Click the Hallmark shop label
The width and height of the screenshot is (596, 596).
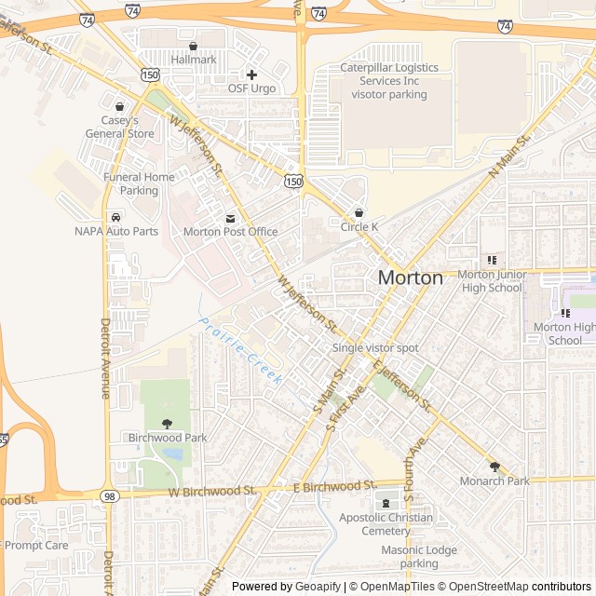pos(193,60)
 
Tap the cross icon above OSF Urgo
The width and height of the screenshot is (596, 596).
pos(251,74)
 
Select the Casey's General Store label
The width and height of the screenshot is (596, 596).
pos(120,127)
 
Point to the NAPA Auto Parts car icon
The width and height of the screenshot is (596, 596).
pos(116,216)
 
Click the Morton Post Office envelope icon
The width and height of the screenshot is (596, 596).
pos(230,217)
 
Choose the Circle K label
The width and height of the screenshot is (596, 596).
pos(359,226)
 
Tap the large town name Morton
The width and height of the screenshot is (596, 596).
pos(410,278)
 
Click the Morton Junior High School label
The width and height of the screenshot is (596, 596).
pos(492,281)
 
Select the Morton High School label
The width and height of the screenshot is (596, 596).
pos(564,333)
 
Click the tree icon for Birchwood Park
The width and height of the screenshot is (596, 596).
pos(167,423)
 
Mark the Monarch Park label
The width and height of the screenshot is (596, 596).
pos(494,481)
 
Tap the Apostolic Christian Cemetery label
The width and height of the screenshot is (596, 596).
pos(386,523)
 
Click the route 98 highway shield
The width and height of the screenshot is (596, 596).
pos(110,496)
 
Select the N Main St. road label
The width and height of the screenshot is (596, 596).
pos(508,155)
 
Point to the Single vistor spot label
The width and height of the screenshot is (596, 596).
pos(375,348)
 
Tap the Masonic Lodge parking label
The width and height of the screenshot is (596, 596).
pos(419,557)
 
